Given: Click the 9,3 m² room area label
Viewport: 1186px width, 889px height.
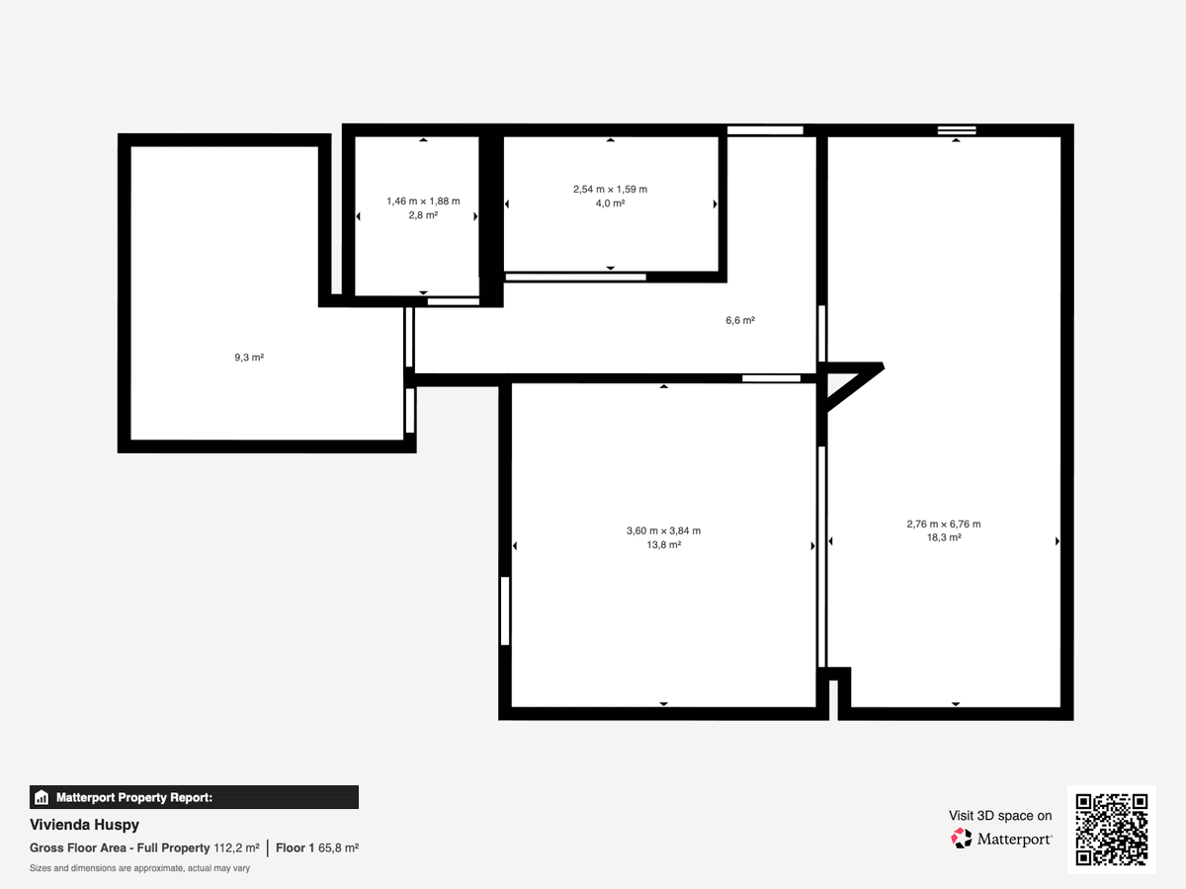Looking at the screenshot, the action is [249, 358].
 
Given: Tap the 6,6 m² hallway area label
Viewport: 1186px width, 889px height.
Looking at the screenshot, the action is [740, 320].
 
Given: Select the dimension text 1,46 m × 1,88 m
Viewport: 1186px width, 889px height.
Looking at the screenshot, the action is [423, 202].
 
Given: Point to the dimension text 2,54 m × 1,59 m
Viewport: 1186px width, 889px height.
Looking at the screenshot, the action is [610, 190].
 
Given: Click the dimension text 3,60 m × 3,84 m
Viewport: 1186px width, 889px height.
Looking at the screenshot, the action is [663, 531].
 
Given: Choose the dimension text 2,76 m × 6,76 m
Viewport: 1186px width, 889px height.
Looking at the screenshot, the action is [944, 525].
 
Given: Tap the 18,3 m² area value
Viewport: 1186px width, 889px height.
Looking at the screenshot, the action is [944, 537].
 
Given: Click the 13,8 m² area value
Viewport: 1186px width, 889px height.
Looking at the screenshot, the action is [663, 545].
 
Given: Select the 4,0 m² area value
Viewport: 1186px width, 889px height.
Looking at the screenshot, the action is [610, 203].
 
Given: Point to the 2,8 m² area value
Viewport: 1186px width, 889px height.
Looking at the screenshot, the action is [423, 215].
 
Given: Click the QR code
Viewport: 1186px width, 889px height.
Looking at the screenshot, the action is [1112, 829].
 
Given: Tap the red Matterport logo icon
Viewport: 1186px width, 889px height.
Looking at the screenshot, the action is [962, 839].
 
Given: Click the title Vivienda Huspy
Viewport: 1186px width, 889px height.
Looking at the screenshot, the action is [84, 825].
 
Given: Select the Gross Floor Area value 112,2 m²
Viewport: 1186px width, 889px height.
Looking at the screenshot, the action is [236, 848].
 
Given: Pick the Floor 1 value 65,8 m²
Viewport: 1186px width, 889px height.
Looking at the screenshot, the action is [338, 848].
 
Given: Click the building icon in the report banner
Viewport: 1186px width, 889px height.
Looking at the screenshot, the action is [42, 797].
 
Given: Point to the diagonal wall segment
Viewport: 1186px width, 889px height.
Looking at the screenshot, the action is [854, 388].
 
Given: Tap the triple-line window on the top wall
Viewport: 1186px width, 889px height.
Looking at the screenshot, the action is [957, 130].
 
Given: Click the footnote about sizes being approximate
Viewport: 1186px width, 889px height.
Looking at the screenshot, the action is [139, 868].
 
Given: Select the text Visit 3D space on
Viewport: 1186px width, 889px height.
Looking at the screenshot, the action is [1000, 816].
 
